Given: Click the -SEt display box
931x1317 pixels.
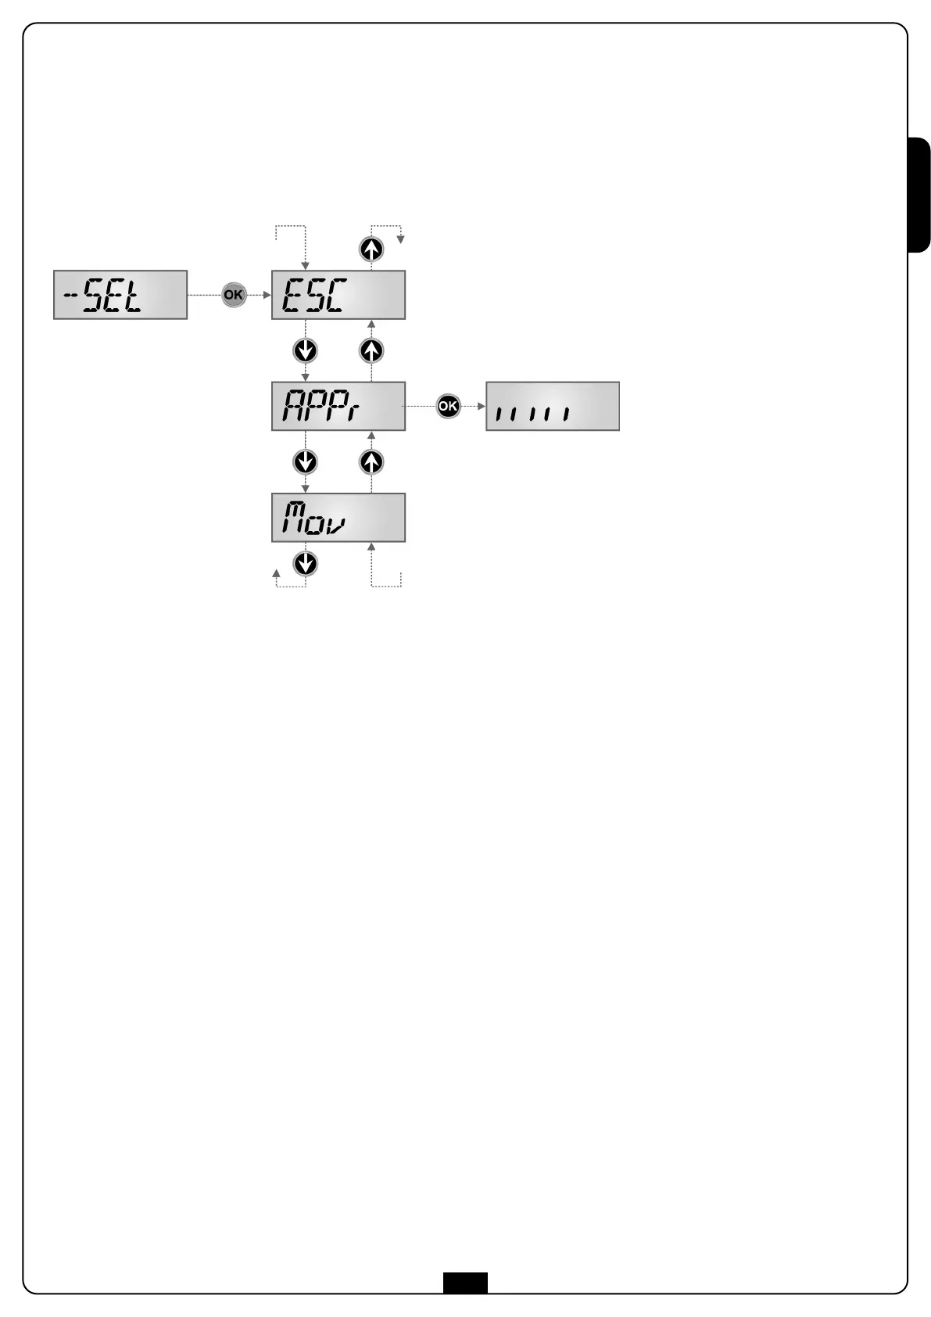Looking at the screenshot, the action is click(120, 295).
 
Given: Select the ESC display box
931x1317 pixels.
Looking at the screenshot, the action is click(338, 295).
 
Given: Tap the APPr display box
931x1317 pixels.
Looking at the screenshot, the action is click(338, 406).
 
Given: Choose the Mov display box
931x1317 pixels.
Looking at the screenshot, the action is click(338, 517).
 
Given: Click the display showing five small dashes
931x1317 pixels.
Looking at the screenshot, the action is click(552, 406).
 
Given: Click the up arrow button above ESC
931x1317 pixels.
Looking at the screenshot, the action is click(371, 249).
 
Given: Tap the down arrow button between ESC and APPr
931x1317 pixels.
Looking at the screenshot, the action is click(305, 350).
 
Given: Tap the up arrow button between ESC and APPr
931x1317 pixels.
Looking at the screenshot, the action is click(371, 350).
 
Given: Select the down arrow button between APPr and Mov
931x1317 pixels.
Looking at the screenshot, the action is click(305, 462).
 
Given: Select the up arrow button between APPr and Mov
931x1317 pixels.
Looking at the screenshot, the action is click(371, 462).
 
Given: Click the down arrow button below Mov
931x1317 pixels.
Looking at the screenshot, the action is click(305, 563).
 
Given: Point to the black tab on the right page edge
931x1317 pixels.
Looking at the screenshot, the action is click(919, 195).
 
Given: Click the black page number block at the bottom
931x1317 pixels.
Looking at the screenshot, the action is click(465, 1283).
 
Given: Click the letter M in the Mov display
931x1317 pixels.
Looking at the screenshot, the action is click(293, 517).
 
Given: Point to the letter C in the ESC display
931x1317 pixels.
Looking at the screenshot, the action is click(335, 296).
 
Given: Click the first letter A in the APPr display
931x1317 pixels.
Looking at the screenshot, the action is click(293, 407).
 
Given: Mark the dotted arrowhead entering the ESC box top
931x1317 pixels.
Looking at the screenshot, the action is click(305, 267).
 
